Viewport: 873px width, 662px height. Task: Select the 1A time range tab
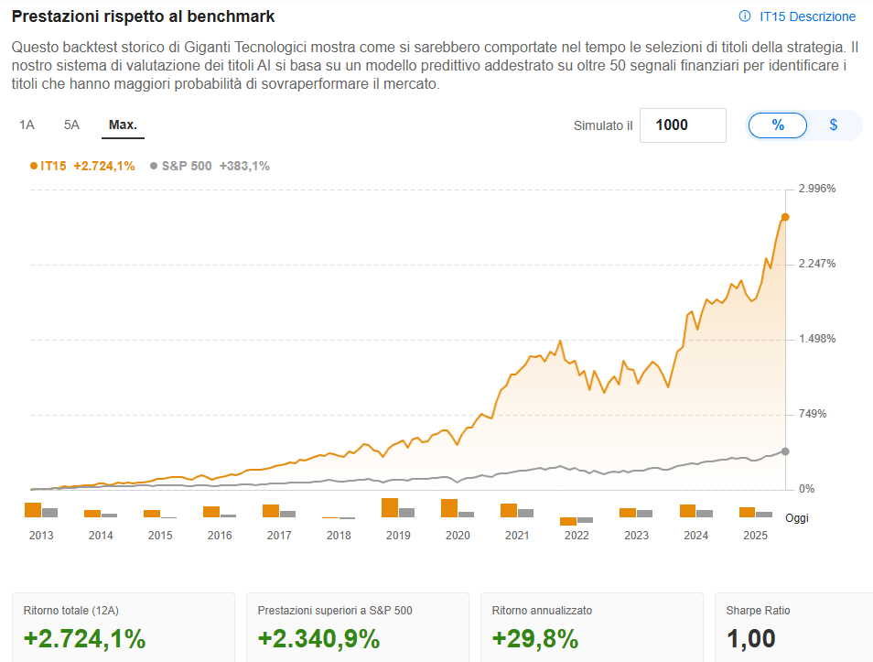tap(27, 125)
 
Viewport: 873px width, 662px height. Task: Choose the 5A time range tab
tap(71, 125)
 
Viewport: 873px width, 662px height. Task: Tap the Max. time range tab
tap(123, 125)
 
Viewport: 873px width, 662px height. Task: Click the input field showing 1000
tap(683, 125)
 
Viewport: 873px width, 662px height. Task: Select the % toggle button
tap(778, 125)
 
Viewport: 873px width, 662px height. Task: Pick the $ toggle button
tap(833, 125)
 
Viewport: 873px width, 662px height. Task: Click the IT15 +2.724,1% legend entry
tap(82, 166)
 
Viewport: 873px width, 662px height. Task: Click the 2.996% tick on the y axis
tap(818, 189)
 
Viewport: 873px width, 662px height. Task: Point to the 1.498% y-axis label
tap(818, 339)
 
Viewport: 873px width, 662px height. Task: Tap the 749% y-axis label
tap(813, 414)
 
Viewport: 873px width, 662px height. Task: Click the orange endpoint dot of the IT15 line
tap(785, 217)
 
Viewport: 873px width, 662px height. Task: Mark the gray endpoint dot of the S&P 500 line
tap(785, 451)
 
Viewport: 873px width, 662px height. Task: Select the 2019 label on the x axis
tap(398, 536)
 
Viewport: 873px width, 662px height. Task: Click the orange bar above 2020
tap(448, 508)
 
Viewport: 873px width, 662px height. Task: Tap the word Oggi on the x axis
tap(796, 518)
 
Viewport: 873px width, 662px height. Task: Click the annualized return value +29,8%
tap(535, 638)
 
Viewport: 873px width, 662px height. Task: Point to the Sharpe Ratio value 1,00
tap(750, 638)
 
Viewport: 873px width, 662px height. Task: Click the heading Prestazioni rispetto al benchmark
tap(143, 16)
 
